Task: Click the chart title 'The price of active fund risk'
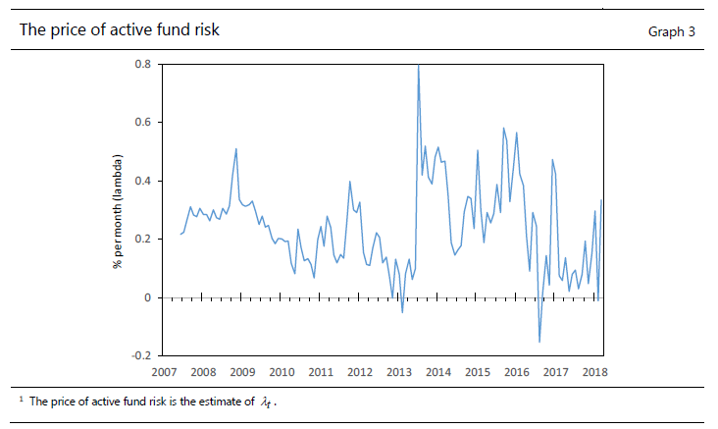point(120,29)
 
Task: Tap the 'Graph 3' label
point(671,31)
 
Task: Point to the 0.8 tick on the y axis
point(142,65)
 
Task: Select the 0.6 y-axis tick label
point(142,123)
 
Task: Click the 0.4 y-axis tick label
point(142,182)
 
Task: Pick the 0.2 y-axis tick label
point(142,240)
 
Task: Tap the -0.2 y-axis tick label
point(140,355)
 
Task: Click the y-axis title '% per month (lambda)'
point(117,211)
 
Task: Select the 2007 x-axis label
point(164,372)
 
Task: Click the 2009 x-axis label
point(242,372)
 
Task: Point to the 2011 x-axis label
point(321,372)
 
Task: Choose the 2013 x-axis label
point(399,372)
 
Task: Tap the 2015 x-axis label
point(478,372)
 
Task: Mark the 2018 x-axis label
point(594,372)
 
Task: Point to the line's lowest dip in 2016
point(539,342)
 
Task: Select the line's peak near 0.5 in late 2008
point(236,149)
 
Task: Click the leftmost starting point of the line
point(180,234)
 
